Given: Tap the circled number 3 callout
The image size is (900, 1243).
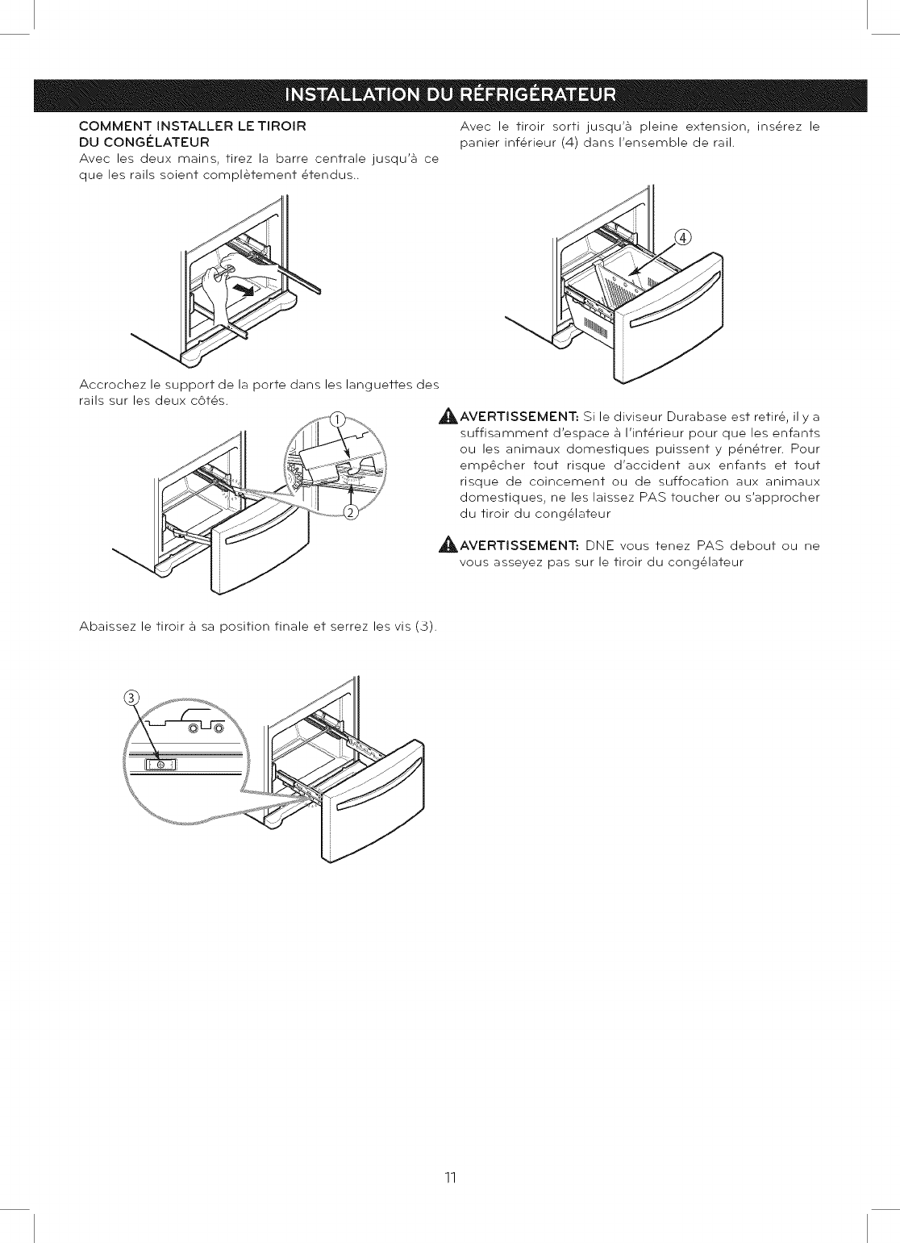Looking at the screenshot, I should click(x=133, y=699).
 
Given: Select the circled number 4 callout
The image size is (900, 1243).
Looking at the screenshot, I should click(x=682, y=237).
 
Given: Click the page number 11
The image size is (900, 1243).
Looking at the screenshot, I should click(x=450, y=1178).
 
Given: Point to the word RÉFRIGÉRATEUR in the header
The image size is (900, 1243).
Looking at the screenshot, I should click(x=538, y=95).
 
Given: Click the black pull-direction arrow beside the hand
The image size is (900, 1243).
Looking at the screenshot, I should click(x=241, y=289).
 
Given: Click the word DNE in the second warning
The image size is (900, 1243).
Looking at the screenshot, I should click(x=600, y=546).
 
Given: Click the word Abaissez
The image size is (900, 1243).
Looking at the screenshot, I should click(x=108, y=627).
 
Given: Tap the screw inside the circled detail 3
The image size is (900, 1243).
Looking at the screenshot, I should click(x=160, y=764).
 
